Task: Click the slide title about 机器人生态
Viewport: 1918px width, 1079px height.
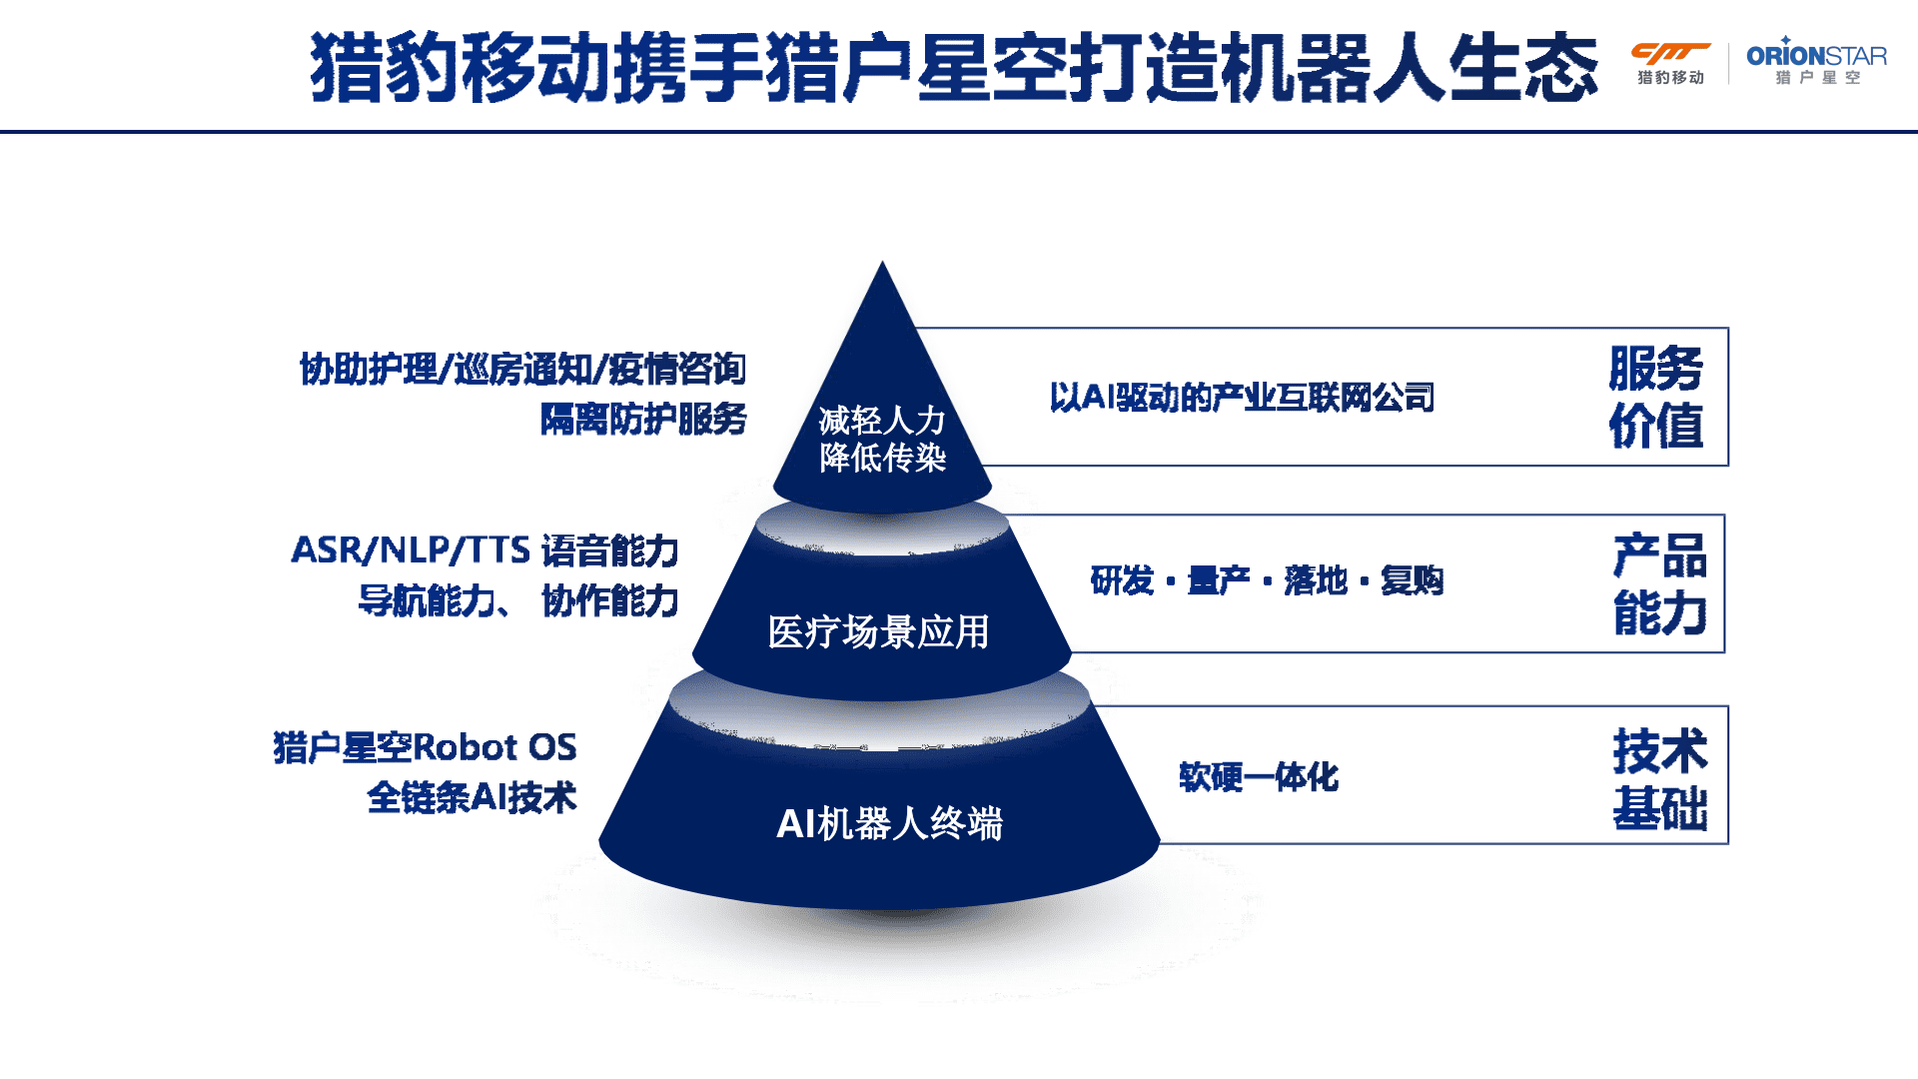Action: pyautogui.click(x=954, y=68)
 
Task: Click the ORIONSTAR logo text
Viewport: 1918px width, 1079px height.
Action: pyautogui.click(x=1815, y=56)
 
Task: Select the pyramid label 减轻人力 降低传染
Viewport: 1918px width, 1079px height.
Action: pyautogui.click(x=882, y=439)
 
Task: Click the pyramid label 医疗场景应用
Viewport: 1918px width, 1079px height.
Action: pyautogui.click(x=878, y=631)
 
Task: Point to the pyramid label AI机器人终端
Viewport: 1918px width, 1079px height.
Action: pyautogui.click(x=889, y=823)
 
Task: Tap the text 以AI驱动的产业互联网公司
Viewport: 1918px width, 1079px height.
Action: pyautogui.click(x=1242, y=398)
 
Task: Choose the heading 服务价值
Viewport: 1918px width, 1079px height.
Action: pyautogui.click(x=1655, y=397)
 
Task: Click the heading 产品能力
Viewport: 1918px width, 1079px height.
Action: pyautogui.click(x=1659, y=584)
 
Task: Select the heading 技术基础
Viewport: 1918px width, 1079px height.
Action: pyautogui.click(x=1659, y=779)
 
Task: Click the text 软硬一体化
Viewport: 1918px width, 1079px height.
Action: pyautogui.click(x=1258, y=777)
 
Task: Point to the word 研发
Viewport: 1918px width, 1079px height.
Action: pyautogui.click(x=1122, y=580)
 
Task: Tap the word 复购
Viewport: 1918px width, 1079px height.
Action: pyautogui.click(x=1412, y=580)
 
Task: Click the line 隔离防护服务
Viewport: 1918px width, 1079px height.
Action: pyautogui.click(x=643, y=420)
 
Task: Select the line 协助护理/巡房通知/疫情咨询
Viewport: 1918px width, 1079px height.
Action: pyautogui.click(x=522, y=370)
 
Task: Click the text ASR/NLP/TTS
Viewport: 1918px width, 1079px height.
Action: pyautogui.click(x=411, y=550)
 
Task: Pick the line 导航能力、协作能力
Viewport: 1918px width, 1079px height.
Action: pyautogui.click(x=518, y=601)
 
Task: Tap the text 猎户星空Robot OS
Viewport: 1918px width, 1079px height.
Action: pyautogui.click(x=425, y=747)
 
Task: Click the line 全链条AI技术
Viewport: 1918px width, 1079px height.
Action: pyautogui.click(x=472, y=797)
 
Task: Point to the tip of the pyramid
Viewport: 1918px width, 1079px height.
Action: pyautogui.click(x=882, y=265)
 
